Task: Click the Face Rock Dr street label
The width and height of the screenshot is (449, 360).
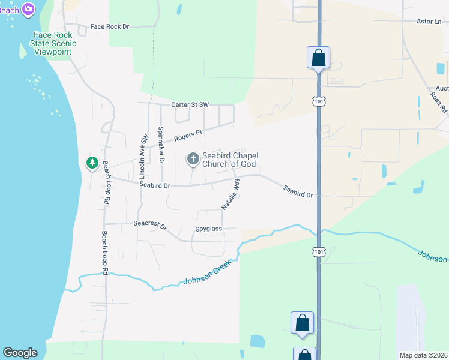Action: [109, 27]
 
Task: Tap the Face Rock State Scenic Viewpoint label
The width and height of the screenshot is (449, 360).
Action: [54, 44]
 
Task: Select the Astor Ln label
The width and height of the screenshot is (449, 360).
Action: [428, 22]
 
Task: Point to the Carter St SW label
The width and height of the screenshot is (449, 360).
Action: [190, 105]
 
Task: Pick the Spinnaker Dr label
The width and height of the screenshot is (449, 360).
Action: [161, 145]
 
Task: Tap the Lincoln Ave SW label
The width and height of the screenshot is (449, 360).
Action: [144, 156]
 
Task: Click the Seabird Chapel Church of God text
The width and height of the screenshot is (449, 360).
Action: [229, 160]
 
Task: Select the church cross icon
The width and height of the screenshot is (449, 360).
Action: [193, 159]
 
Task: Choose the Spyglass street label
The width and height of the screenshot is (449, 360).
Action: [209, 229]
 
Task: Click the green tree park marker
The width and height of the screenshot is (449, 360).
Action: [92, 163]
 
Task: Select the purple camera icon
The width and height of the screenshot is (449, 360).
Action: [28, 9]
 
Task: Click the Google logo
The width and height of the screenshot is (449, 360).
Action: [20, 353]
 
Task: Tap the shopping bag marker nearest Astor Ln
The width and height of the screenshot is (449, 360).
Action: [318, 58]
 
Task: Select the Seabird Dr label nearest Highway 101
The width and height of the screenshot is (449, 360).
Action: [298, 192]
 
